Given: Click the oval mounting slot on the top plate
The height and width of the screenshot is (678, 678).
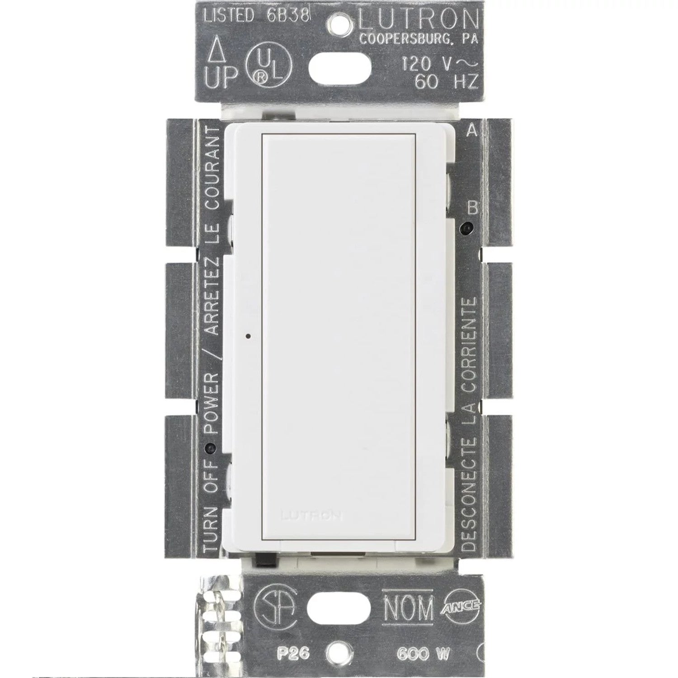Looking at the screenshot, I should coord(340,70).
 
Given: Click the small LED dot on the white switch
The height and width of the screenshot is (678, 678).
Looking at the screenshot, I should coord(248,336).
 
